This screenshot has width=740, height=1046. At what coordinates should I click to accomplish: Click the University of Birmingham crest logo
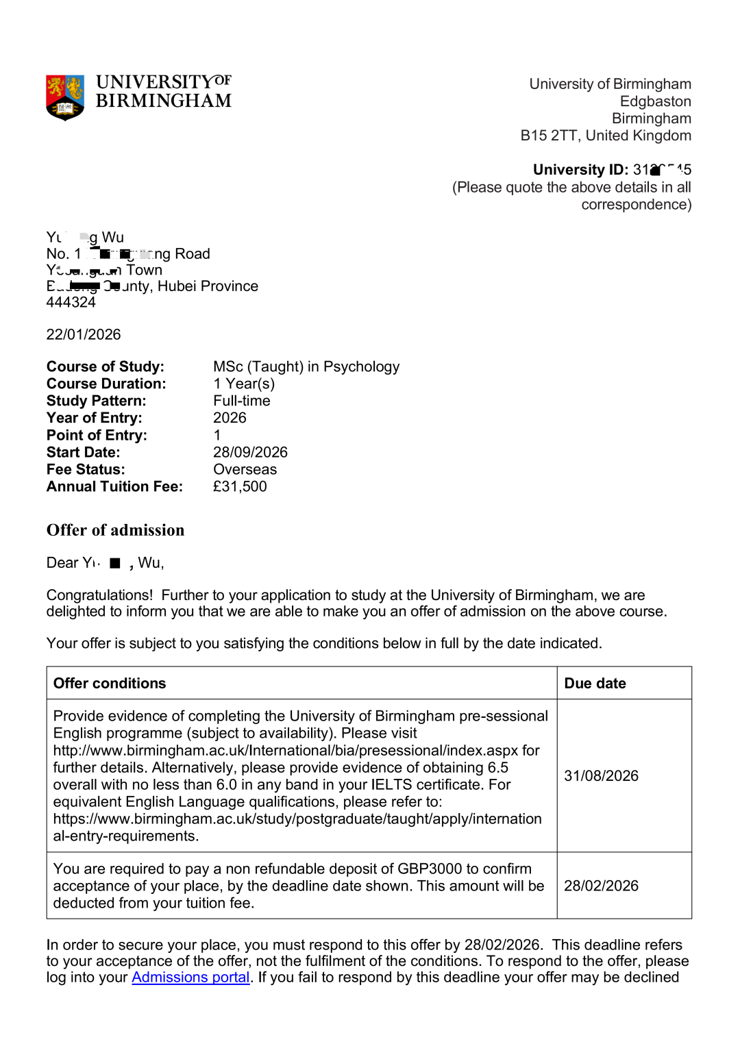point(65,97)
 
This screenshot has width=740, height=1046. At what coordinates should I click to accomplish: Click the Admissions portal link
point(190,977)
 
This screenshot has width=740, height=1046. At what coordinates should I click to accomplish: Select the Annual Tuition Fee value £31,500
point(240,487)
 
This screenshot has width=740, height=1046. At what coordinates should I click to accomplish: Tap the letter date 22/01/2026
point(84,335)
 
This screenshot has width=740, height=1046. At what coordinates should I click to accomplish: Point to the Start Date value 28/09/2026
point(250,453)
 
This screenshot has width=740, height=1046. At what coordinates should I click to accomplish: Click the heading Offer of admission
point(115,530)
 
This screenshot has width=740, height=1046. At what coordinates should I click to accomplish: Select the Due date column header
point(595,684)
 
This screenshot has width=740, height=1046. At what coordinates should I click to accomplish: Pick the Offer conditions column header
point(110,684)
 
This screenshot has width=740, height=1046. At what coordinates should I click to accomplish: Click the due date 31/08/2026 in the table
point(601,776)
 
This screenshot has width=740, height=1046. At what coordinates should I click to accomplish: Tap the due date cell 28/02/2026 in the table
point(601,886)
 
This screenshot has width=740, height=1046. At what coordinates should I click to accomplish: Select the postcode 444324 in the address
point(71,302)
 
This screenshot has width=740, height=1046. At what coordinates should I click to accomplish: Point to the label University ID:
point(580,170)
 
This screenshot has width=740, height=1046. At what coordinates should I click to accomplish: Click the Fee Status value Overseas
point(245,470)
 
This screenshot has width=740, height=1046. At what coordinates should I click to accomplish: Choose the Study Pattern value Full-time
point(242,401)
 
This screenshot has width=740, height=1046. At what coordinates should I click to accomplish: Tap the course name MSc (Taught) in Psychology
point(306,367)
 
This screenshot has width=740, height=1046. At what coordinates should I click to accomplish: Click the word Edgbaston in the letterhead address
point(655,102)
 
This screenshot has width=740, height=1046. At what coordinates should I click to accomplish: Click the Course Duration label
point(106,384)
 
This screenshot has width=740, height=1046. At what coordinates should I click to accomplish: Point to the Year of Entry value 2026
point(230,419)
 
